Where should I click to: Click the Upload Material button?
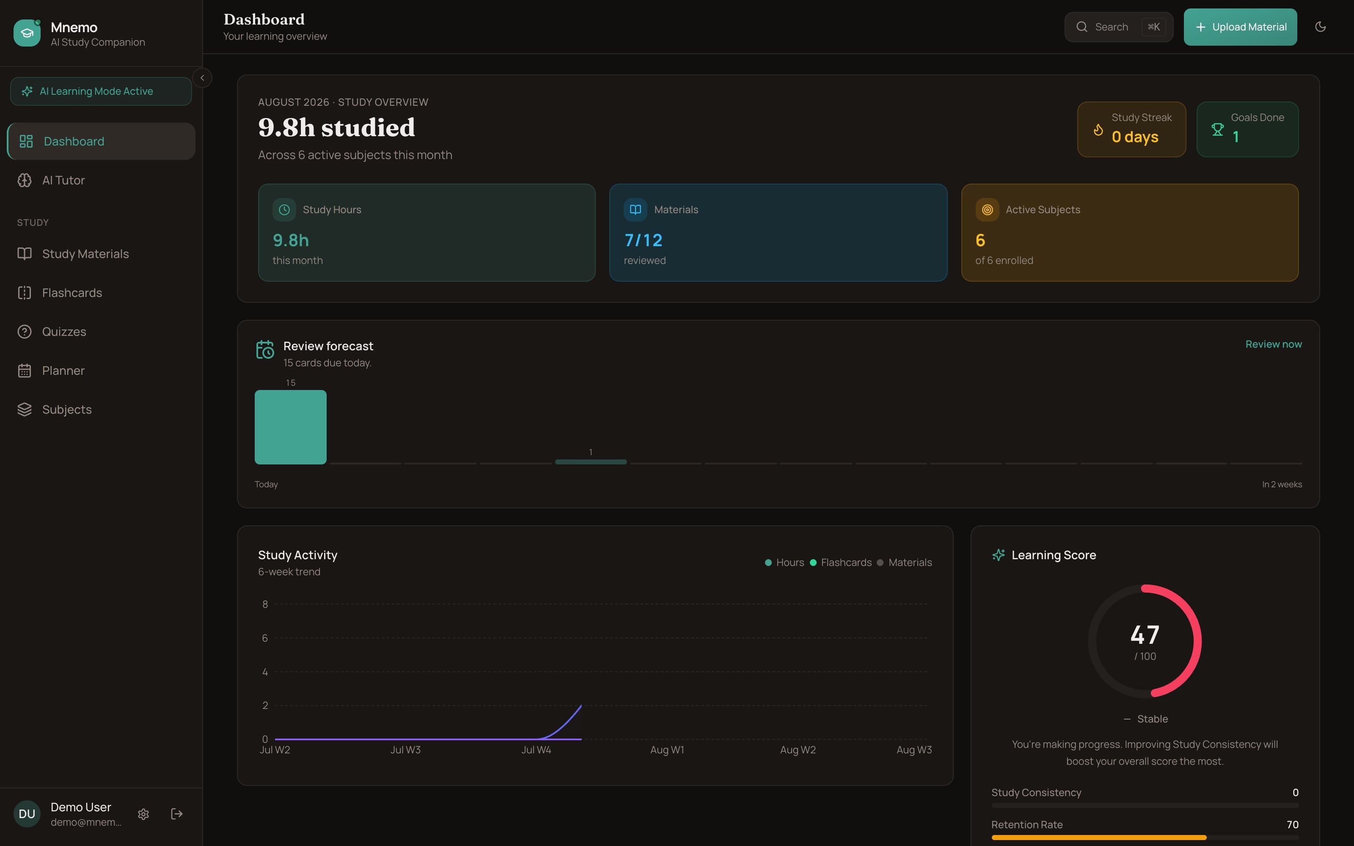[1240, 27]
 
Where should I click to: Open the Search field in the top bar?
[1118, 27]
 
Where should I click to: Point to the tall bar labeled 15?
[290, 427]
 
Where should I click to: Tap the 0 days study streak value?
[1135, 137]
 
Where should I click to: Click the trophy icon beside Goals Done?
[1217, 130]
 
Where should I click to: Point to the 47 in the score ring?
[1145, 634]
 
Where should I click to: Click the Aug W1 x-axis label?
[667, 750]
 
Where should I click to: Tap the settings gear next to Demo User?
[144, 814]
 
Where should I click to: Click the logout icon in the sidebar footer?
[177, 814]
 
